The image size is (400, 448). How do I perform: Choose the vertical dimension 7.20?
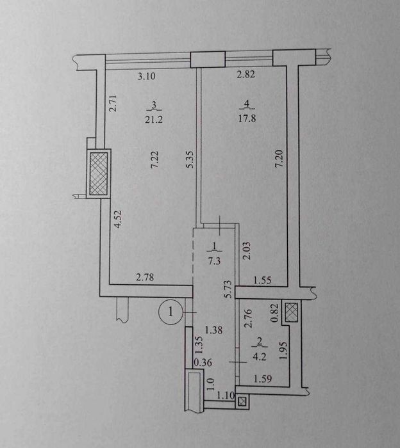[278, 157]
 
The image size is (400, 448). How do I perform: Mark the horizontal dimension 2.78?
[146, 277]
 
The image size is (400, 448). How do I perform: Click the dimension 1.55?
[262, 280]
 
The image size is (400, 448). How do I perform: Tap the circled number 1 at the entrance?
[170, 312]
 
